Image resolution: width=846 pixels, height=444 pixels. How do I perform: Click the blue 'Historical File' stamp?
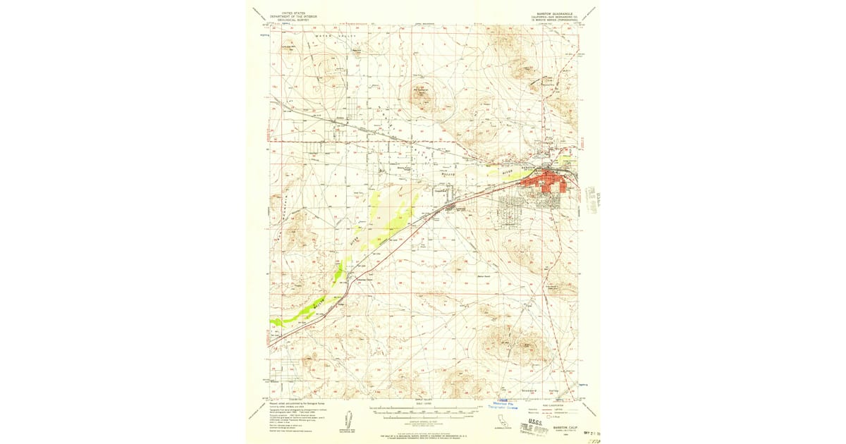503,405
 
